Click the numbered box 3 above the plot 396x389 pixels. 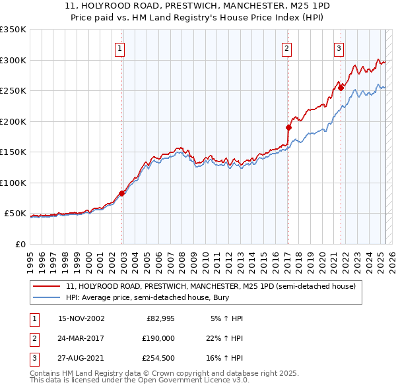pos(339,47)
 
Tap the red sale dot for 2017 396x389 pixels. pos(288,127)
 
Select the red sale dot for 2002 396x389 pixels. pos(121,193)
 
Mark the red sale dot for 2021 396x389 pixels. pos(341,87)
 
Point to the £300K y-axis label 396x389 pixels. pos(13,60)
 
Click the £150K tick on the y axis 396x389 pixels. pos(13,152)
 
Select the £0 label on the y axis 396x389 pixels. pos(19,244)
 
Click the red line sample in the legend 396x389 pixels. pos(48,286)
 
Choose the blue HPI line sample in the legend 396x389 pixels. pos(48,298)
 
